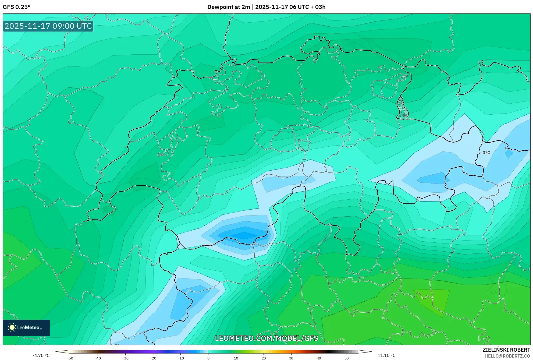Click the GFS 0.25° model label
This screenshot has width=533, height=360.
16,7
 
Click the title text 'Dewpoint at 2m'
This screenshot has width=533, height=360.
229,7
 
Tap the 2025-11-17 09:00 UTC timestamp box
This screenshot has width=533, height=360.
48,26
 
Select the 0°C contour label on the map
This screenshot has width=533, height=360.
486,153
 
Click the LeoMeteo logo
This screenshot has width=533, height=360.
26,327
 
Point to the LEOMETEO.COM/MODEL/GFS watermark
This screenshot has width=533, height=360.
266,338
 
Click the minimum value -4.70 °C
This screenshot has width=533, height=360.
41,355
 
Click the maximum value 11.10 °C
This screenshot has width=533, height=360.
386,355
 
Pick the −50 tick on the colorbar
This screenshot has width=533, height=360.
70,358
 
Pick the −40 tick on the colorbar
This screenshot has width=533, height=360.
98,358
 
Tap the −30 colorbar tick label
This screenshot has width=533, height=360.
125,358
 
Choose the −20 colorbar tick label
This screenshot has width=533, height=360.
153,358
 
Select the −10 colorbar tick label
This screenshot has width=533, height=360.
181,358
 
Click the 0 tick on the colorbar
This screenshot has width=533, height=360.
208,358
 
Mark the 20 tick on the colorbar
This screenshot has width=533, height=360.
264,358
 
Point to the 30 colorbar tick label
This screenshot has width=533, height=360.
291,358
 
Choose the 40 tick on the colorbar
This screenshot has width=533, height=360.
319,358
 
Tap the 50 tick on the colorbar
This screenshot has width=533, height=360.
347,358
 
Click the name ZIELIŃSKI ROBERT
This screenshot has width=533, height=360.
506,350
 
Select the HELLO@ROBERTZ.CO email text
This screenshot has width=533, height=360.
507,356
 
